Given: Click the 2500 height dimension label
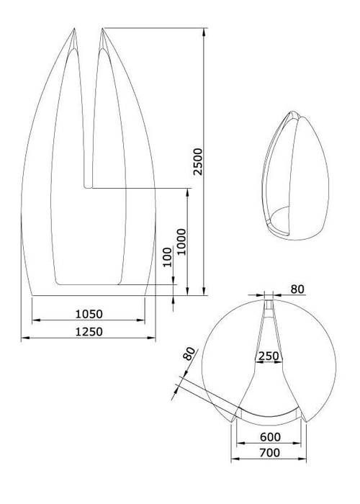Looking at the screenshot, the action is [198, 161].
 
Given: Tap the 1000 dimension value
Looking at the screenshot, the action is [181, 242].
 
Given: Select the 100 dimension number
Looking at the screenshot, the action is [168, 257].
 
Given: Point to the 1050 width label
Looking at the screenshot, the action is [89, 314].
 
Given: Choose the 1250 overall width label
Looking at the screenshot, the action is [89, 331].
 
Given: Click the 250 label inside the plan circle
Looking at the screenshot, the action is [269, 356].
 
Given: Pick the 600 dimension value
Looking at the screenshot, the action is [270, 437].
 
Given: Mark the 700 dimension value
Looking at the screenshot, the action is [270, 453].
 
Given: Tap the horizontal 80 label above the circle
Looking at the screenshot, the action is [297, 289].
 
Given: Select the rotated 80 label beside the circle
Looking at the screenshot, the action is [189, 354].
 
